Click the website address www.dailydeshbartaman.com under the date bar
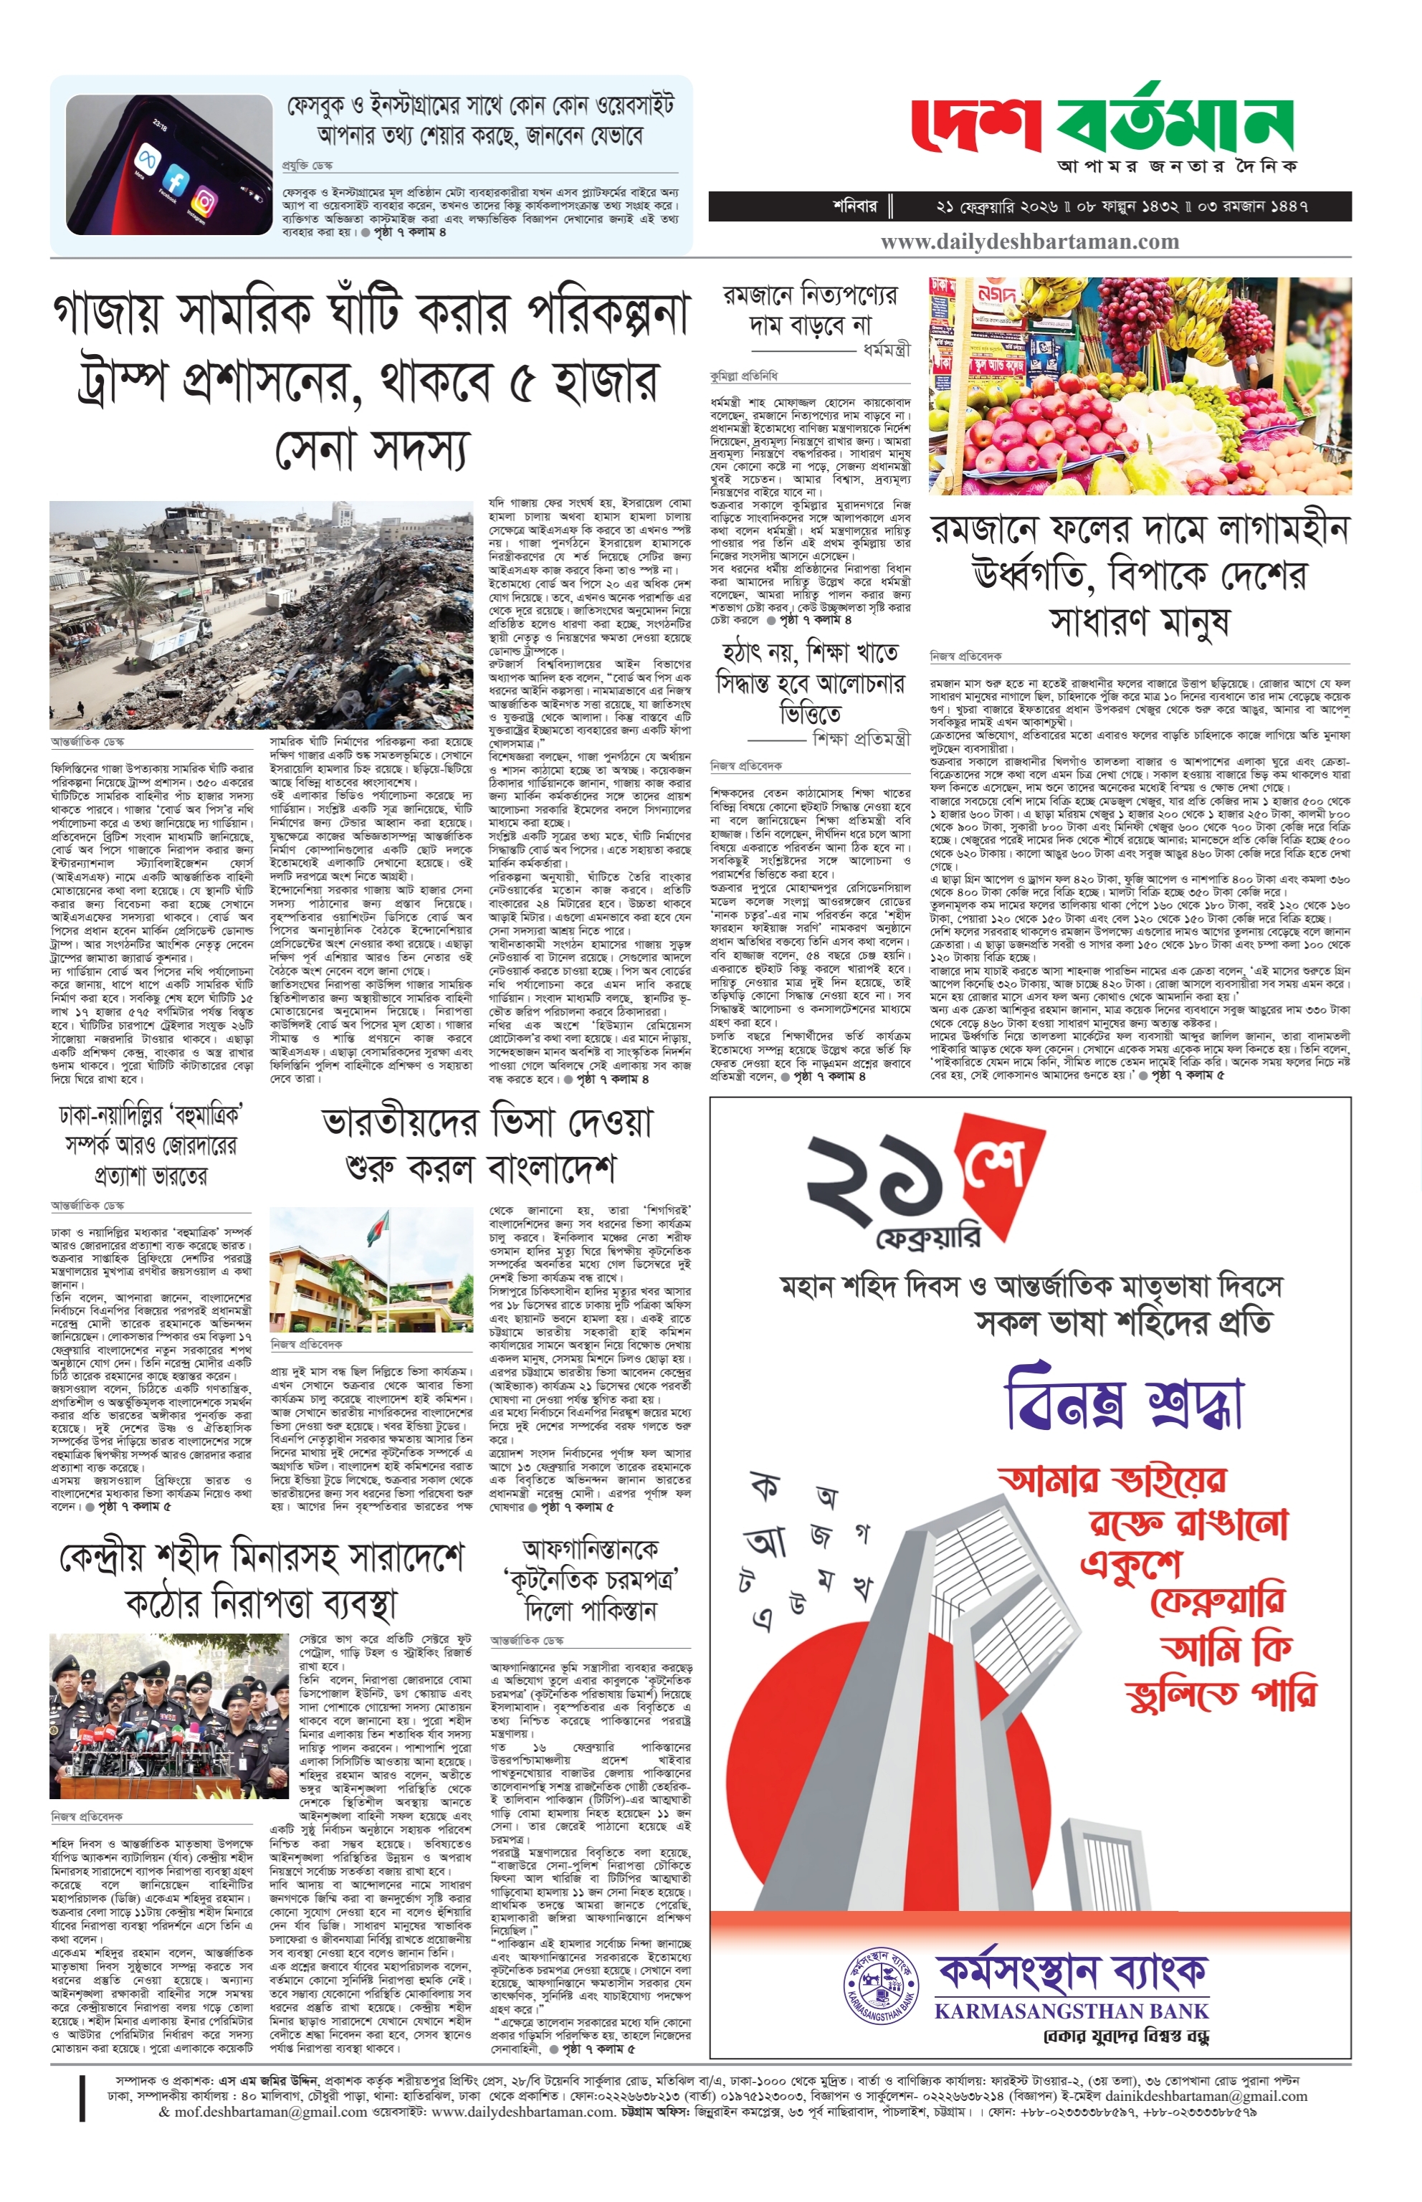[x=1029, y=242]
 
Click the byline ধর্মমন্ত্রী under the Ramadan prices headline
[x=885, y=350]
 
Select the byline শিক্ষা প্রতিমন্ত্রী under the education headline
[x=861, y=738]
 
